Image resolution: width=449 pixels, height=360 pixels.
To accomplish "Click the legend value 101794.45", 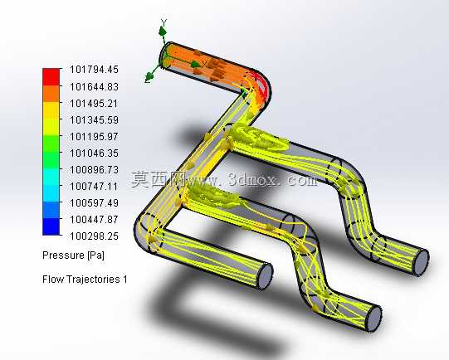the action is (95, 70).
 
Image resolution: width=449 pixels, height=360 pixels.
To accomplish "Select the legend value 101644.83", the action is (95, 86).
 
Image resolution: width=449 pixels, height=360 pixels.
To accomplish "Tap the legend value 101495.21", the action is (94, 104).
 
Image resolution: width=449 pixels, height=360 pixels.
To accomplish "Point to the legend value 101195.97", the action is (94, 137).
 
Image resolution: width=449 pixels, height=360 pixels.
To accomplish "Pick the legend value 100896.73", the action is (95, 170).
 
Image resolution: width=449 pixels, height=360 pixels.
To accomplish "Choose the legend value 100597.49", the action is (95, 203).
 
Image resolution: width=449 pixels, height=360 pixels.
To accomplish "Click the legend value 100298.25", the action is (95, 236).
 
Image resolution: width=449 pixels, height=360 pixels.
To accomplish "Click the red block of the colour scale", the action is (51, 76).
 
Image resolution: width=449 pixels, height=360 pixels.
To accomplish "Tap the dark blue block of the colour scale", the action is (51, 226).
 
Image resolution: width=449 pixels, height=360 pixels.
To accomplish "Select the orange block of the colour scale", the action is (51, 94).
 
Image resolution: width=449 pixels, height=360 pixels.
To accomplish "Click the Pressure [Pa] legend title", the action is (73, 255).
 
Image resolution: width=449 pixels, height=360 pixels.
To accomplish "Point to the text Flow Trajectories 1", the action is (85, 280).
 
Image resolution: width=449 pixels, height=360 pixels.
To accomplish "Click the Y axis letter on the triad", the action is (163, 22).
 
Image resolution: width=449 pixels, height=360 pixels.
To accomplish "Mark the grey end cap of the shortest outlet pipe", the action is (266, 276).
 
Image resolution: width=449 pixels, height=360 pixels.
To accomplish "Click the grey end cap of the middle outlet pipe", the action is (373, 319).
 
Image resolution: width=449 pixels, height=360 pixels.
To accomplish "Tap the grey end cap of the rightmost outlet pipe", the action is (422, 262).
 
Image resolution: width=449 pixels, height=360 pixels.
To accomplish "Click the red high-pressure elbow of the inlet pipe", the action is (262, 85).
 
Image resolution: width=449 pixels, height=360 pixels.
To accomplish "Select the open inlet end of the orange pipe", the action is (165, 56).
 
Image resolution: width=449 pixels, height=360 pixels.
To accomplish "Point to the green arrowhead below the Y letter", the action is (163, 31).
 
